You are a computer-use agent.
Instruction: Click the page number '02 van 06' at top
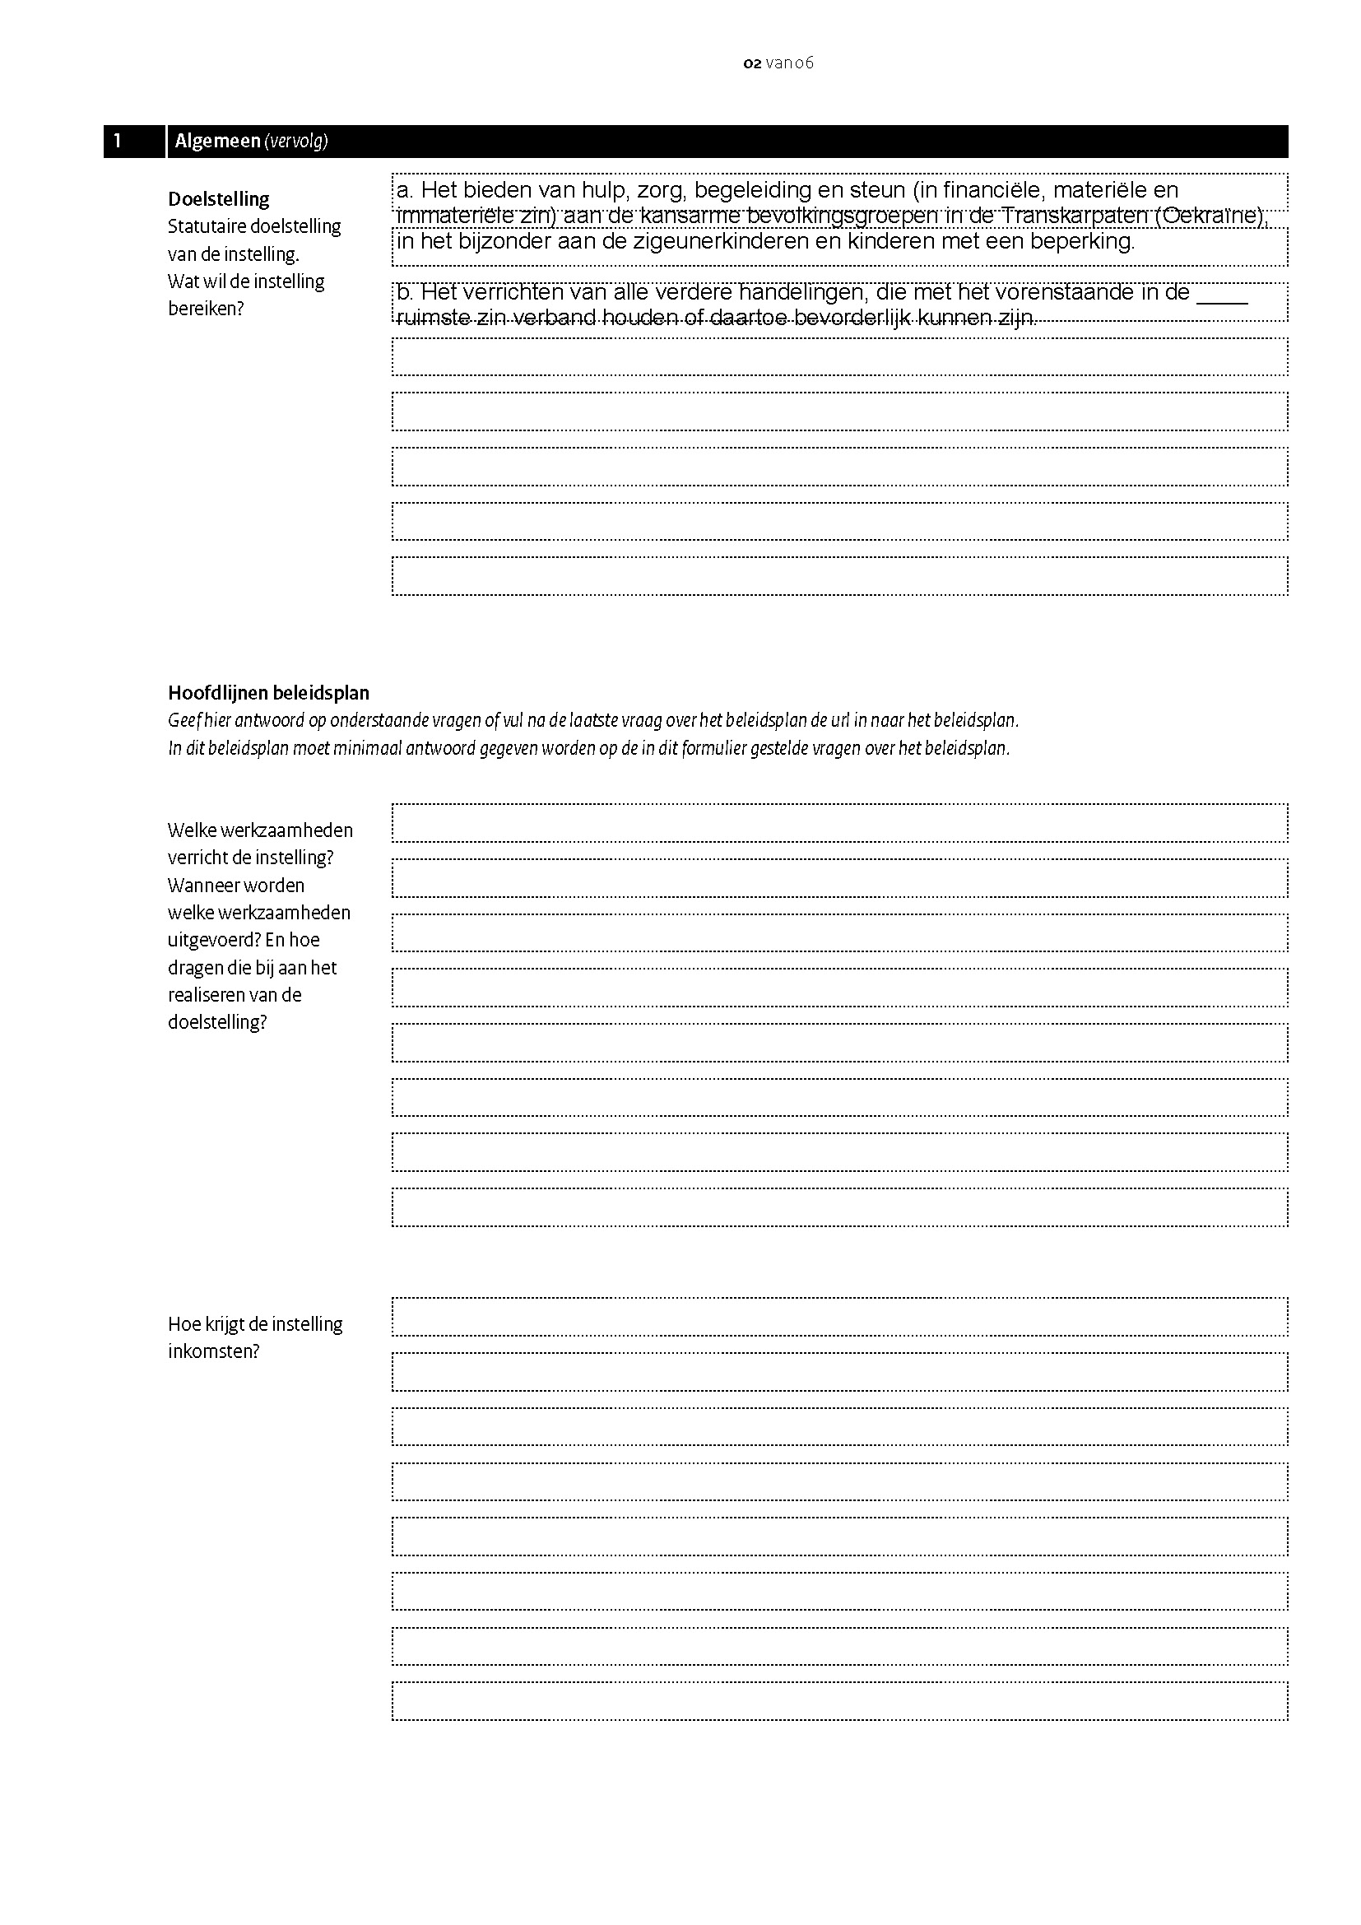778,63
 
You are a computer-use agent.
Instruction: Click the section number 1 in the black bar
118,141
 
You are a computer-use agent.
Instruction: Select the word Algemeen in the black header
217,141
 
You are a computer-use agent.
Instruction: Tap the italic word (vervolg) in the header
296,141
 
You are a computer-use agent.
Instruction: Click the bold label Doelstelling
219,198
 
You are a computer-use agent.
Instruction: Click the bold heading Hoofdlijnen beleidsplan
268,692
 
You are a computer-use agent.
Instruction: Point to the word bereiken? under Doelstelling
206,309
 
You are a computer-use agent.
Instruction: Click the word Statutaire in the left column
207,226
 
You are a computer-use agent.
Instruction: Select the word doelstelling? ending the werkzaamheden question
217,1022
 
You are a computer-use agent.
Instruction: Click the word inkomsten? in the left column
214,1351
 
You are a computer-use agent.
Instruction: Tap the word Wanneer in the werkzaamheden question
202,886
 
